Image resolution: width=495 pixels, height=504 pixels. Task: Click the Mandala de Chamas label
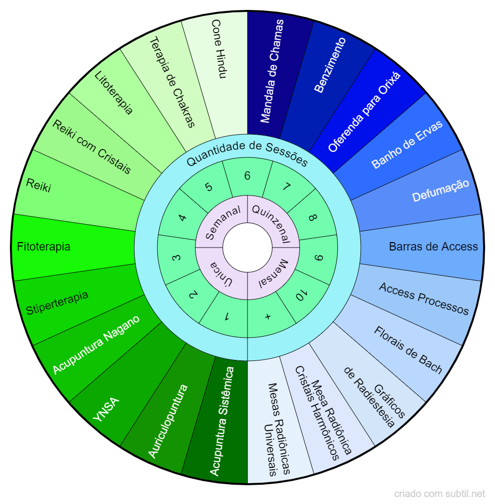coord(273,71)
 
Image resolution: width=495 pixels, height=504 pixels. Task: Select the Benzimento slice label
coord(330,64)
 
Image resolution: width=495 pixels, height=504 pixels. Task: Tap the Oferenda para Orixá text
coord(364,111)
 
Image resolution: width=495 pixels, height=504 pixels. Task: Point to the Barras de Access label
coord(433,247)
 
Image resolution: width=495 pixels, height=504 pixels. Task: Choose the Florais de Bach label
coord(408,351)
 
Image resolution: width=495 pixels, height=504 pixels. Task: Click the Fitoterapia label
coord(44,247)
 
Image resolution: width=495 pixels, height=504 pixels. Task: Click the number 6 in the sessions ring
coord(247,176)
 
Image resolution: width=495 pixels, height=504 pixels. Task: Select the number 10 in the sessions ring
coord(299,297)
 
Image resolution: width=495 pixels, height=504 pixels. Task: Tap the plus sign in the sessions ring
coord(268,317)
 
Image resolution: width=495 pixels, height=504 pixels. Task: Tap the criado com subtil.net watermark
coord(440,494)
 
